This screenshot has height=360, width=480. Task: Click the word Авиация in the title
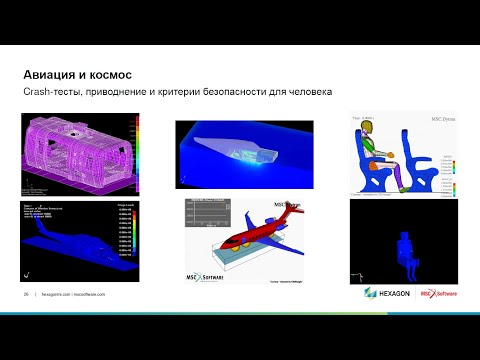tap(51, 74)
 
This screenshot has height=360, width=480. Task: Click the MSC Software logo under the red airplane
tap(210, 274)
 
